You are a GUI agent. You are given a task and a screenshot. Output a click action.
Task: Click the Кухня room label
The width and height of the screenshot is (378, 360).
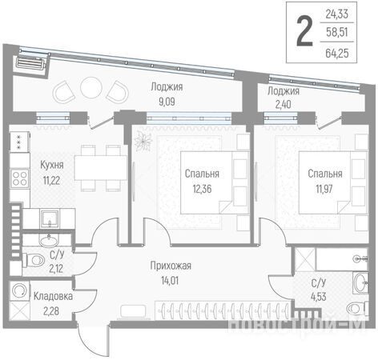coord(52,165)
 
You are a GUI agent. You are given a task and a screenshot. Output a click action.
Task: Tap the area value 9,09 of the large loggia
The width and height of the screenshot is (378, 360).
coord(167,102)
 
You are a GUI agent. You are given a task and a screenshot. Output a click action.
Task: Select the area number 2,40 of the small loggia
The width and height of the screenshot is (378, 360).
coord(283,104)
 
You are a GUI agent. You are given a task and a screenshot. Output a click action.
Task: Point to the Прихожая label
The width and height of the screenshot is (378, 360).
coord(171,266)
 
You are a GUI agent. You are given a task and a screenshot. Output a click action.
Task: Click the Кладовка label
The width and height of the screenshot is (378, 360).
coord(53,296)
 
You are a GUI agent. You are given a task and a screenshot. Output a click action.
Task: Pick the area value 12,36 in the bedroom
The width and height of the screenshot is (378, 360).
coord(202,189)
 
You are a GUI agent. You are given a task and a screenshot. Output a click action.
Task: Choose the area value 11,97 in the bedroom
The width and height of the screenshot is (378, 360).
coord(324,189)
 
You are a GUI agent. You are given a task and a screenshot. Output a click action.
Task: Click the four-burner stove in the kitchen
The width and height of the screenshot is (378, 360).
coord(20,178)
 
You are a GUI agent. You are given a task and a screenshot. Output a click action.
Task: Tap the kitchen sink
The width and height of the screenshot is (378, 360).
coord(50,218)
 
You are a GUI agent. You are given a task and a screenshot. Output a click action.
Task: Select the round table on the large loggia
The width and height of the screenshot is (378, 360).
coord(91,88)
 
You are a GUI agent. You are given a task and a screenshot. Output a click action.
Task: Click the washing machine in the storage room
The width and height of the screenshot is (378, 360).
coord(19,290)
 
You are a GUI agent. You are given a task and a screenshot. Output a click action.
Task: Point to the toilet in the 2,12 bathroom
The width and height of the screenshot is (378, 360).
coord(34,260)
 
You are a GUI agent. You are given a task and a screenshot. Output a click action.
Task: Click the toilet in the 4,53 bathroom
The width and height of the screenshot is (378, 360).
coord(357,308)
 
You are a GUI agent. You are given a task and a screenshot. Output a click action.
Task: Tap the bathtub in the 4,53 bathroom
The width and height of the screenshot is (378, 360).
coord(342,258)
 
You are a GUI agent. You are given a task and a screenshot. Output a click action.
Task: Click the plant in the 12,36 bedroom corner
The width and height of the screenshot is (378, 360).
coord(143,141)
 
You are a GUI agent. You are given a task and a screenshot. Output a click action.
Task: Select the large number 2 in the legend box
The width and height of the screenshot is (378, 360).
coord(304,31)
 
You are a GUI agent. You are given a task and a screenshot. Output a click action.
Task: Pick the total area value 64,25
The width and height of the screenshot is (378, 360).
coord(337,54)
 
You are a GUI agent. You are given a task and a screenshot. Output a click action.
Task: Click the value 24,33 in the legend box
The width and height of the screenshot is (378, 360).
coord(337,14)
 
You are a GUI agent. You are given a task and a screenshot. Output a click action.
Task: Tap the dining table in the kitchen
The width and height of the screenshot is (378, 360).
coord(101,168)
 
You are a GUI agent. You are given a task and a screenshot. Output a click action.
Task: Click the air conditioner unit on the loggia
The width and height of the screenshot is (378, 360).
coord(30,63)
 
